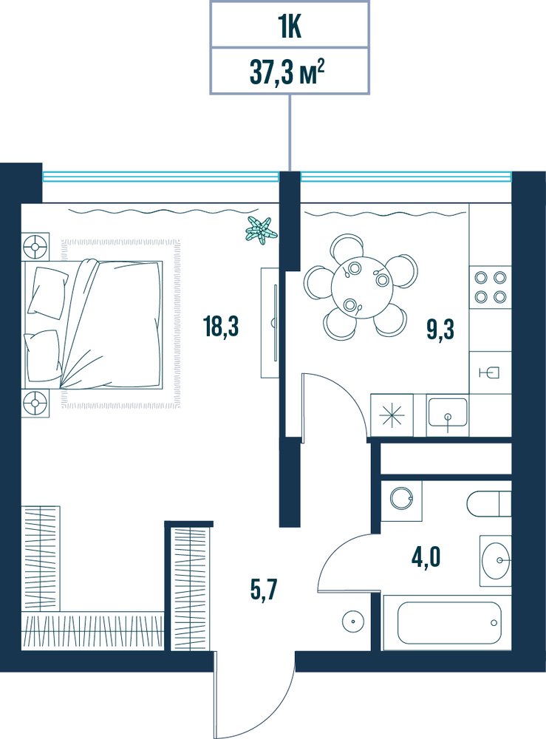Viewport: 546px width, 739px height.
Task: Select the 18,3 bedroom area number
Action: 222,327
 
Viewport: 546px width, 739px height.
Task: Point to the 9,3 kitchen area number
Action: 440,329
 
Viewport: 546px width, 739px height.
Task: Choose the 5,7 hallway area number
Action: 264,591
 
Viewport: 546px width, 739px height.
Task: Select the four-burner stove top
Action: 491,287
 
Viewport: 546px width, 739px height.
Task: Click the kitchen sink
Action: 448,415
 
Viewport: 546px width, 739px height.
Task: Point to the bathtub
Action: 448,622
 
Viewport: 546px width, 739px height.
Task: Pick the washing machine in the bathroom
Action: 401,500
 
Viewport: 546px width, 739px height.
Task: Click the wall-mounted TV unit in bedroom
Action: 271,323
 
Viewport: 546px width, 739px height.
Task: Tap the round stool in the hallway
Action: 352,621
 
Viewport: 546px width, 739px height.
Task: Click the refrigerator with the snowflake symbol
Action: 392,415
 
